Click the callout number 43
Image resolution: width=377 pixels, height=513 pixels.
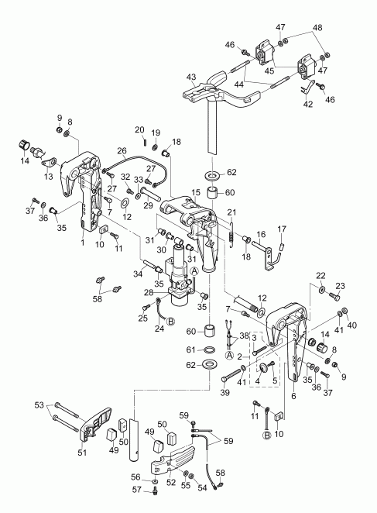click(190, 77)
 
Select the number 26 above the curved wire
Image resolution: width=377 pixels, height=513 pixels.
click(122, 150)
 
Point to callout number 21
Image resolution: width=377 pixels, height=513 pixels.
click(231, 212)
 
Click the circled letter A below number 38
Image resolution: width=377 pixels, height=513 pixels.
click(230, 354)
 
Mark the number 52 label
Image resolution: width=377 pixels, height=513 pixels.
click(170, 483)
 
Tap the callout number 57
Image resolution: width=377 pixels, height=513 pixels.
click(135, 491)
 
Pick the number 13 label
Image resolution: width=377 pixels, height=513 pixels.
click(48, 177)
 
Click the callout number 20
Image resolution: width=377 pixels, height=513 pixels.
click(140, 129)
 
